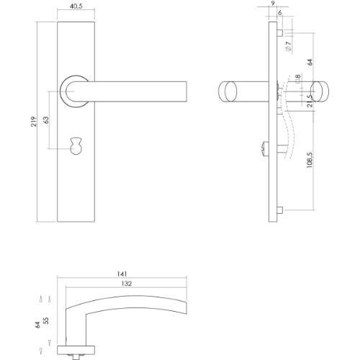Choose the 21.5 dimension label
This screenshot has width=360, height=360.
click(310, 102)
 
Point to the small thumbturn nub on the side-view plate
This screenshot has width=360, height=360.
click(265, 149)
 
